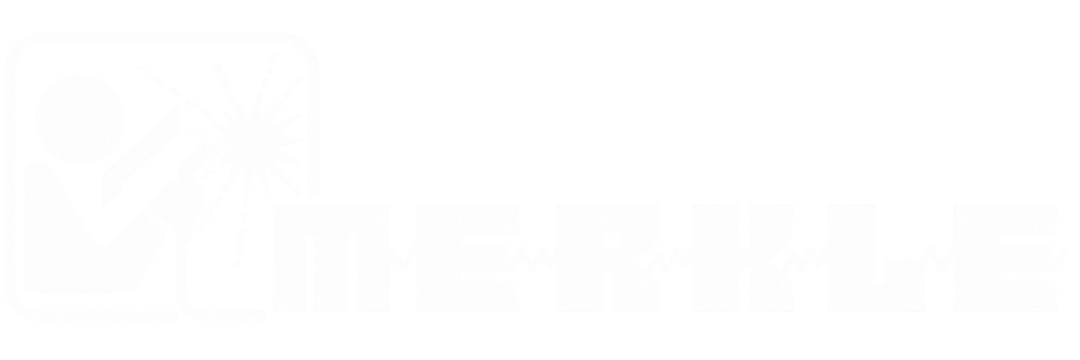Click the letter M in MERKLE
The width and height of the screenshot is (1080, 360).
click(331, 259)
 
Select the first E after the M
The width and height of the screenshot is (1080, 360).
click(467, 259)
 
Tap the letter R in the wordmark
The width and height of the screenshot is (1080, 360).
click(608, 259)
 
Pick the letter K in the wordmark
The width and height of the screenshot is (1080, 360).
click(742, 259)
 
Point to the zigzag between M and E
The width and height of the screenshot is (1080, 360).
click(403, 259)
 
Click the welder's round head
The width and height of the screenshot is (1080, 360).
click(80, 118)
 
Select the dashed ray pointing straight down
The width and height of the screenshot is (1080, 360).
click(242, 219)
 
